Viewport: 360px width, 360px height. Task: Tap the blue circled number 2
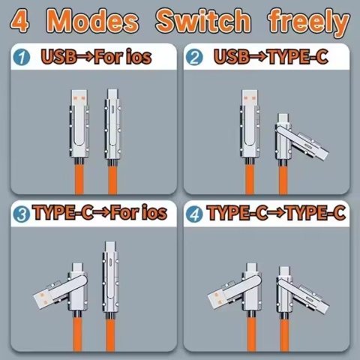(196, 57)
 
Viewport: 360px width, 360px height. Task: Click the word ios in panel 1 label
(148, 57)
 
